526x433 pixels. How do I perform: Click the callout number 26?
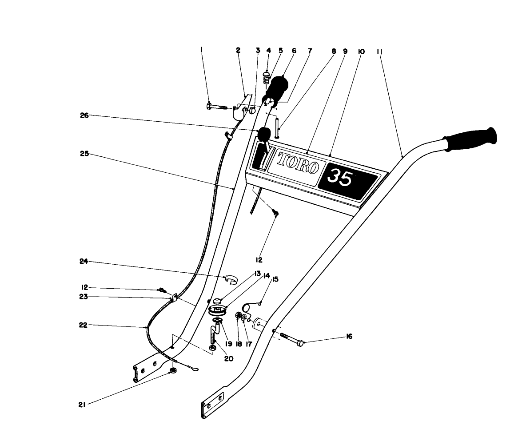click(84, 115)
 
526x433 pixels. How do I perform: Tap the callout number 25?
click(84, 154)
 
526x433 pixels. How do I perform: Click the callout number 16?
click(349, 337)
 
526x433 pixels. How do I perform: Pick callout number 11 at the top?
click(380, 51)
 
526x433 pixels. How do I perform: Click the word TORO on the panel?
click(298, 162)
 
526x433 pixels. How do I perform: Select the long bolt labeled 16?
click(291, 339)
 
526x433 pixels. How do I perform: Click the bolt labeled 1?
click(216, 107)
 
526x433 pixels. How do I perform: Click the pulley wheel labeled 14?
click(218, 310)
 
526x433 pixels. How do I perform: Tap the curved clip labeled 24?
click(231, 279)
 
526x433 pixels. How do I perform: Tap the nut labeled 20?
click(212, 347)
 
